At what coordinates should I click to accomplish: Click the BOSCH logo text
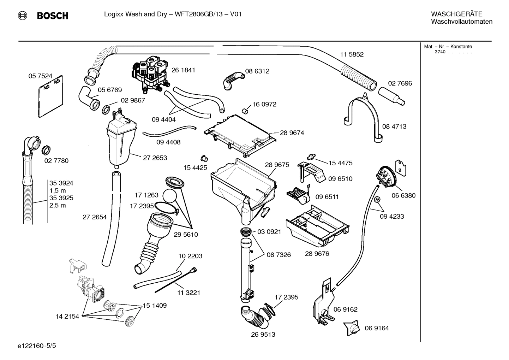53,16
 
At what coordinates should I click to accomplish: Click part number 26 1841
183,70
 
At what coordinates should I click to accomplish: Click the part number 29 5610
186,234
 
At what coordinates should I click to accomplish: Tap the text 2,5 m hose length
58,205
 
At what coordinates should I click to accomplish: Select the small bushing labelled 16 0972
245,111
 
